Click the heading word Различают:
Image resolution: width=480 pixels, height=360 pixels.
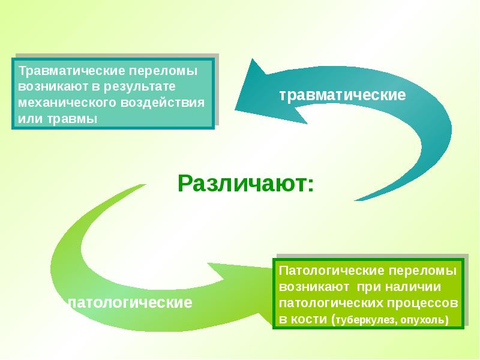point(245,182)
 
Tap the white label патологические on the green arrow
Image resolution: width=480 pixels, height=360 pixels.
point(131,302)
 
